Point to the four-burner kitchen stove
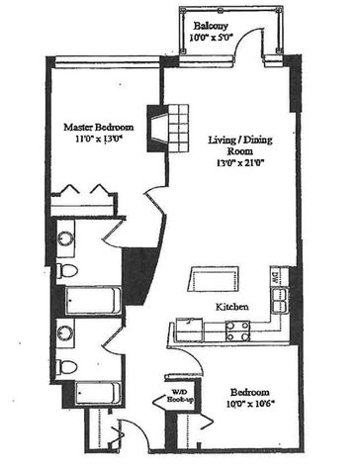point(237,331)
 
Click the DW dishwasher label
point(279,278)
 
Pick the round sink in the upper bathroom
point(64,237)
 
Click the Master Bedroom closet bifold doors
point(82,191)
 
